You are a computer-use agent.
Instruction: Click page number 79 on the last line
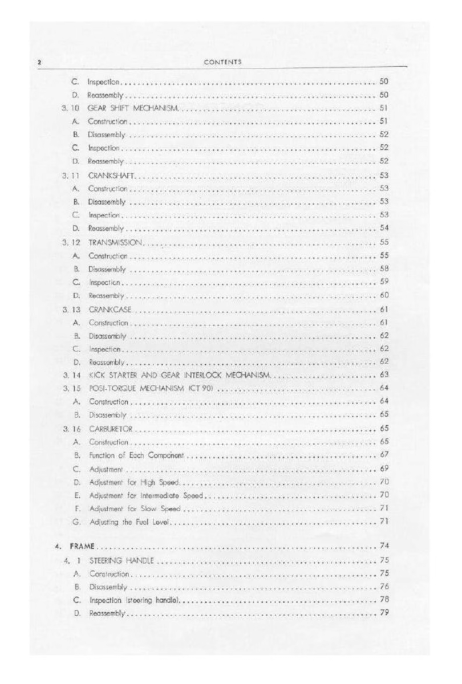click(384, 613)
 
